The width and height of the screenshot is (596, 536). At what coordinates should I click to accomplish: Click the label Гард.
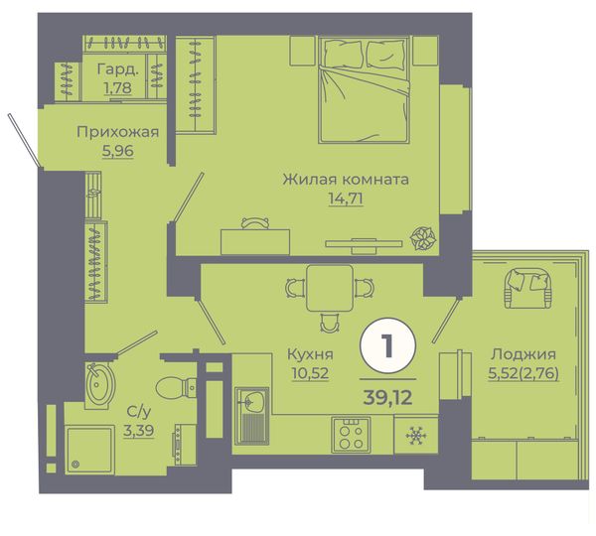coord(118,69)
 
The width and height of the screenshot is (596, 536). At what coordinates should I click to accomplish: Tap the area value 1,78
coord(118,87)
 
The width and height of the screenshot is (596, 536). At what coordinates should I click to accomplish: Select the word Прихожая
coord(118,132)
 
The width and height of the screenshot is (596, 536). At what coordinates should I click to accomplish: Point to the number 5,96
coord(118,151)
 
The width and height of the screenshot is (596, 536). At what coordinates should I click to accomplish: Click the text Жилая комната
coord(346,180)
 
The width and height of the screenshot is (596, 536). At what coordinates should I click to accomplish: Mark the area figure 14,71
coord(346,199)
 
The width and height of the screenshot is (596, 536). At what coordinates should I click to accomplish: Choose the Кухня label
coord(310,354)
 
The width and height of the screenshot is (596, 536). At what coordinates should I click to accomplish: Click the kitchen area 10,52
coord(310,373)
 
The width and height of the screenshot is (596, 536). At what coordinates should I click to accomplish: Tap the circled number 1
coord(387,345)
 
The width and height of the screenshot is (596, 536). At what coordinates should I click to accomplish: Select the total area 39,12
coord(387,398)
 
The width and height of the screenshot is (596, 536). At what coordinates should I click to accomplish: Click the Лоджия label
coord(523,354)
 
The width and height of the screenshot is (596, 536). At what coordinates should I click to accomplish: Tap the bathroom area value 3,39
coord(138,431)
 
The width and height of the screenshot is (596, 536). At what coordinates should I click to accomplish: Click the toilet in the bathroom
coord(176,388)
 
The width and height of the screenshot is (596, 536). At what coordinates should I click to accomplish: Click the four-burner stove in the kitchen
coord(351,436)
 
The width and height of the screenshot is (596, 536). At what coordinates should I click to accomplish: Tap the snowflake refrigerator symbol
coord(416,436)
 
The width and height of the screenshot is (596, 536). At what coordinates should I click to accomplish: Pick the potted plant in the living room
coord(423,239)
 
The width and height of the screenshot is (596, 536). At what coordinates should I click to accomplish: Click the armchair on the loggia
coord(527,288)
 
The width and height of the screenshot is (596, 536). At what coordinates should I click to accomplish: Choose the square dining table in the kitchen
coord(330,288)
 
